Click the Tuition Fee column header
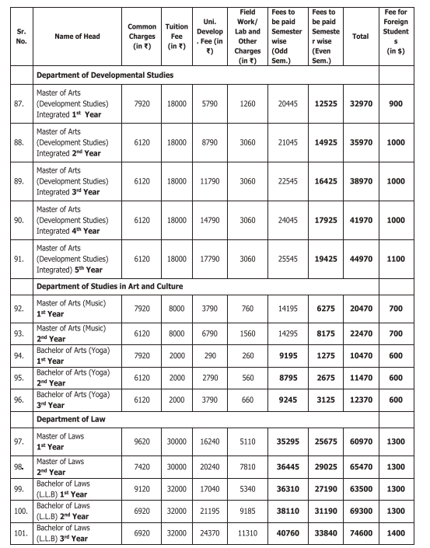point(177,36)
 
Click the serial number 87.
point(19,100)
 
